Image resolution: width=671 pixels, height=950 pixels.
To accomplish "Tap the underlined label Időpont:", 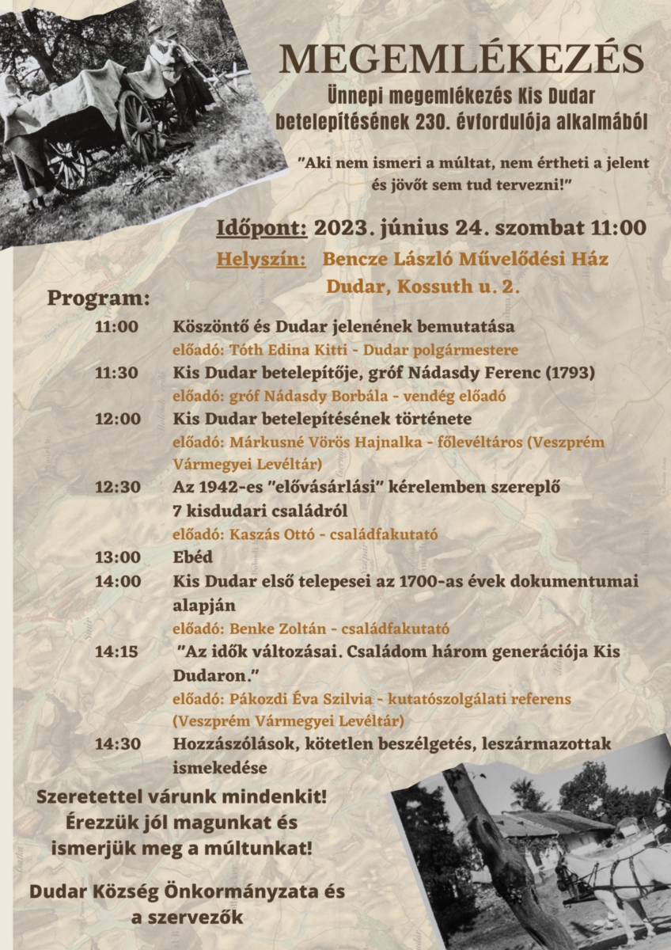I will click(x=262, y=228).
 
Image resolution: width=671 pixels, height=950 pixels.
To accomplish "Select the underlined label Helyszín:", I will click(x=261, y=260).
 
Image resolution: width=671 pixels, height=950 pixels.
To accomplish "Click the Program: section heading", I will click(x=99, y=299).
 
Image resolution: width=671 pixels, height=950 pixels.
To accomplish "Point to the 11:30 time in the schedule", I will click(x=117, y=372).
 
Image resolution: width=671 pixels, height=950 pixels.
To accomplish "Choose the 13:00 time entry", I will click(x=117, y=557).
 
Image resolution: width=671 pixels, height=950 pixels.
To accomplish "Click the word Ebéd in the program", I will click(x=193, y=557).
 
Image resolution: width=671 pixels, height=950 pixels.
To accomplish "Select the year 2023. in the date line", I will click(x=343, y=228).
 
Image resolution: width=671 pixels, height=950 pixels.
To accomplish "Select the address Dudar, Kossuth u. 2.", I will click(x=423, y=287).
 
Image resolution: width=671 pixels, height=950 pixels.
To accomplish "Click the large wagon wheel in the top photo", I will click(x=139, y=127).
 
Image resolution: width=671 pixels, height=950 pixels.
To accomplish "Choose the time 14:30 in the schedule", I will click(x=117, y=744).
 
